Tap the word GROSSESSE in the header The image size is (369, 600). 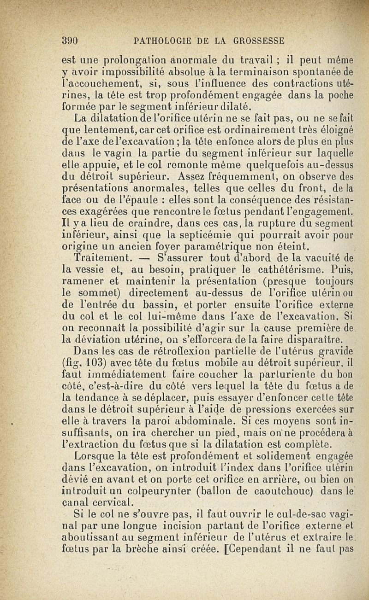click(x=261, y=40)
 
